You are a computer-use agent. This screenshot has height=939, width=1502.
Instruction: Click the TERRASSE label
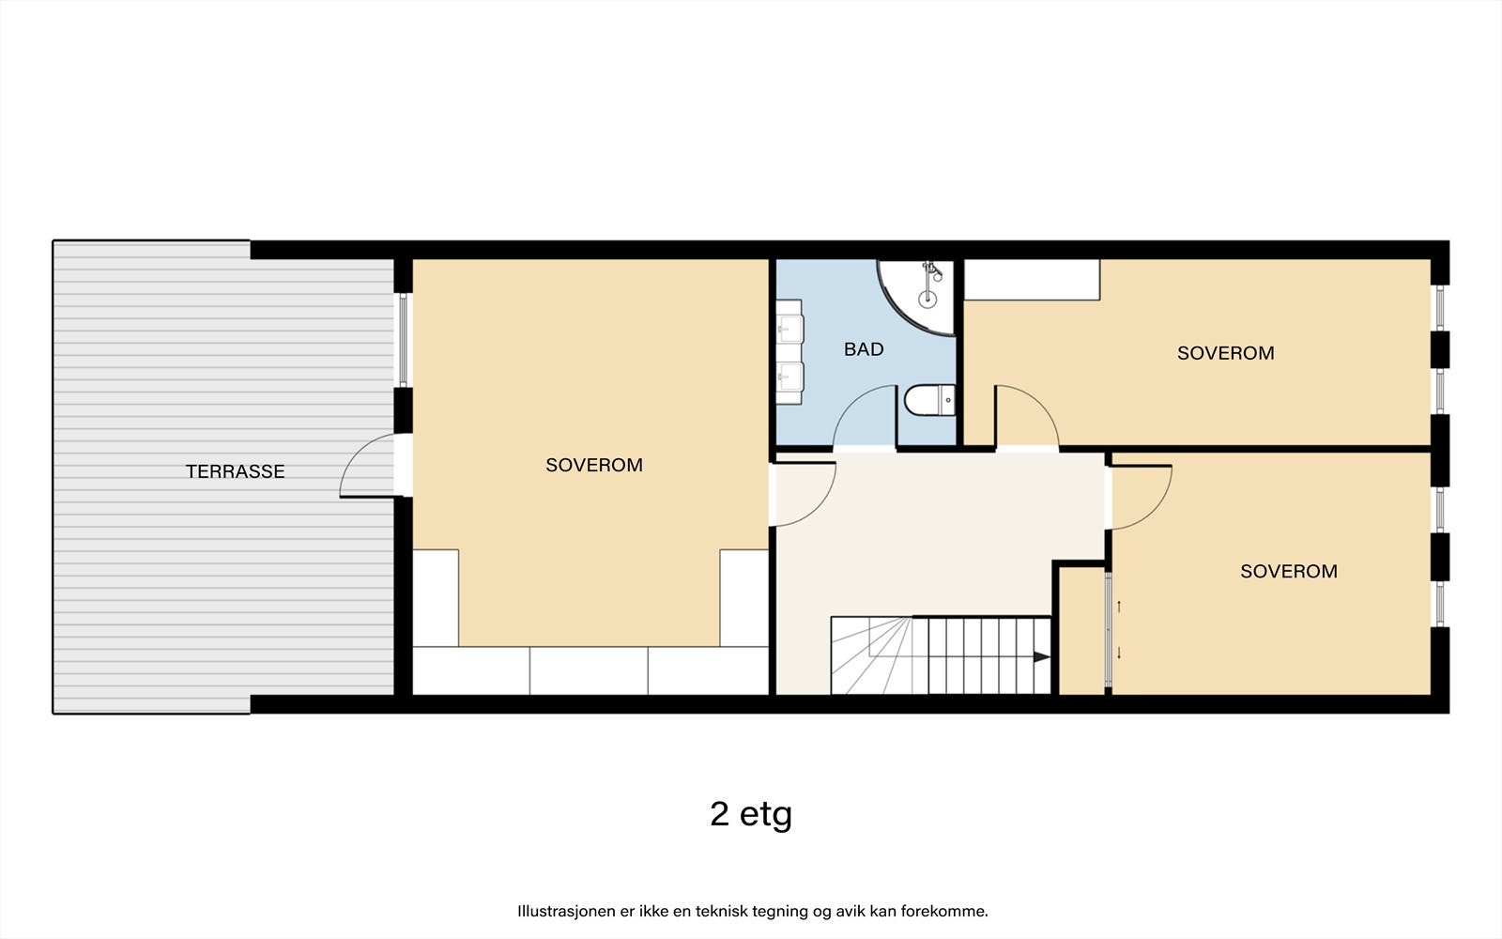[236, 471]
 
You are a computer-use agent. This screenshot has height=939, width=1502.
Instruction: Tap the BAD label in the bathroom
[864, 348]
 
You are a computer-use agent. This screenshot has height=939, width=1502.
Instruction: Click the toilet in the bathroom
[929, 400]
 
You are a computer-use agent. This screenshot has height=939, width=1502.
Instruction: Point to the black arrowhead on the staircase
[1041, 656]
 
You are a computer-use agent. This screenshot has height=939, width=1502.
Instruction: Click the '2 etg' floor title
[751, 814]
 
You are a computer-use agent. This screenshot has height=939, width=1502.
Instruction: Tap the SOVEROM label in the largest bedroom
[594, 465]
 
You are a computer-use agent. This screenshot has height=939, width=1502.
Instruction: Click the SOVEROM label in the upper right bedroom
[1226, 353]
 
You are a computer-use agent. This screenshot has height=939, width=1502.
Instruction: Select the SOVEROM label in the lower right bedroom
[1289, 571]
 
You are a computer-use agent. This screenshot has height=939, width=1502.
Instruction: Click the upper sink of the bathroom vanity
[789, 329]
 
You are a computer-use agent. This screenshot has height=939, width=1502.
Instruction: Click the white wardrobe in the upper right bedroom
[1032, 280]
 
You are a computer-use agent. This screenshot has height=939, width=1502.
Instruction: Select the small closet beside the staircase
[1081, 631]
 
